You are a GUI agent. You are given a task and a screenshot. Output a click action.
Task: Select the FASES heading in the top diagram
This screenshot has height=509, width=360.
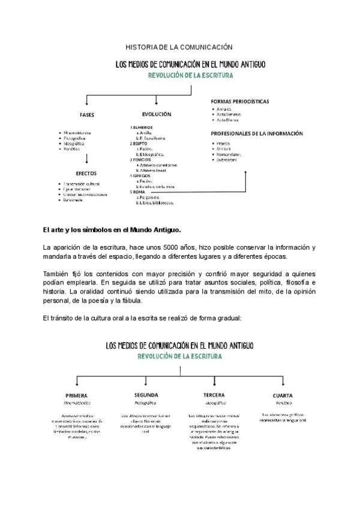87,115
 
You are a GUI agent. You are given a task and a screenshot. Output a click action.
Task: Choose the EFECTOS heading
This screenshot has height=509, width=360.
87,173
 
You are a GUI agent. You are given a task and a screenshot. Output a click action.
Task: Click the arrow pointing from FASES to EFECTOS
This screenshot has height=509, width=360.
88,159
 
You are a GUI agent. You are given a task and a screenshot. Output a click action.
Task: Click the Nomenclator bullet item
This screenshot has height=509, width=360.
229,155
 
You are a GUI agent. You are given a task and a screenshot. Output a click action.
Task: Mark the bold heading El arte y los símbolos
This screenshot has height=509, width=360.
112,229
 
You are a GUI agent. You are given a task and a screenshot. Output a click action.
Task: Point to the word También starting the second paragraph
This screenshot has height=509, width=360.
58,274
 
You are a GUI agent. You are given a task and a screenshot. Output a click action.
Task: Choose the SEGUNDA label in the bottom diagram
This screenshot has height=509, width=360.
146,395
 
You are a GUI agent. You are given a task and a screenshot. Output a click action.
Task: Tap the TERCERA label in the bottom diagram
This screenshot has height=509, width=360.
214,396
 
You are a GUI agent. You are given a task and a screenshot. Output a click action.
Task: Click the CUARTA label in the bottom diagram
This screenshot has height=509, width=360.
282,396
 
